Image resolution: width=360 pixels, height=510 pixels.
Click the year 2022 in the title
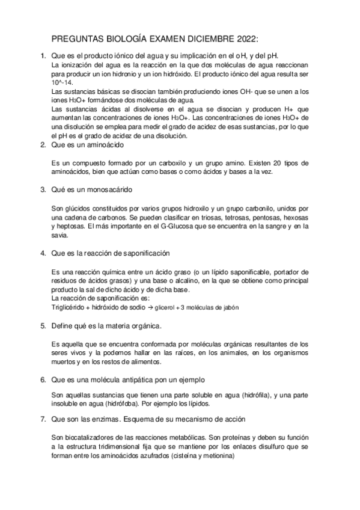[x=244, y=39]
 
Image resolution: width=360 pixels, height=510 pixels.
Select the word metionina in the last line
[x=215, y=456]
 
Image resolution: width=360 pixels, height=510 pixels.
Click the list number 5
[x=43, y=326]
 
